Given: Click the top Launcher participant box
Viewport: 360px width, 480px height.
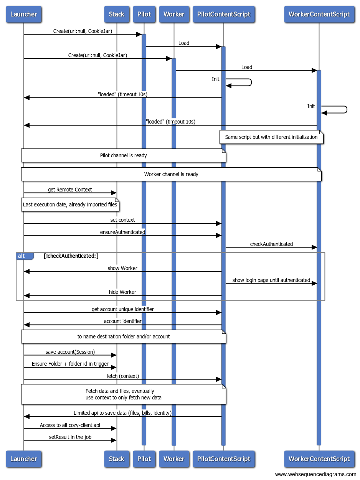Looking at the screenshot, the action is coord(24,14).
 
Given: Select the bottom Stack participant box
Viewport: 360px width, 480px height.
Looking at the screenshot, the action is coord(117,459).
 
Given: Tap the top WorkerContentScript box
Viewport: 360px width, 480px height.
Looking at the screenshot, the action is coord(319,14).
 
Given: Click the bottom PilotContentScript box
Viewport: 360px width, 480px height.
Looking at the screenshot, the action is coord(224,459).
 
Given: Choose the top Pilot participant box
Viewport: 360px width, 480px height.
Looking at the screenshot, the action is coord(144,14).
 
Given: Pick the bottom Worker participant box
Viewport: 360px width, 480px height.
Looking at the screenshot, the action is coord(174,459).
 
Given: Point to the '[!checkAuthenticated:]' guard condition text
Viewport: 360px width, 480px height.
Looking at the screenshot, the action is coord(71,256).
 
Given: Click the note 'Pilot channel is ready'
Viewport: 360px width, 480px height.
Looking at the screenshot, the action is coord(123,155).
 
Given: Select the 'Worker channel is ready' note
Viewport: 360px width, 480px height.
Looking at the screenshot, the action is coord(171,174).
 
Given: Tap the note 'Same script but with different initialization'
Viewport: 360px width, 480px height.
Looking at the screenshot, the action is coord(271,137).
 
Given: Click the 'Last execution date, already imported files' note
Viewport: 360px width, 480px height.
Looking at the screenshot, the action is coord(70,205).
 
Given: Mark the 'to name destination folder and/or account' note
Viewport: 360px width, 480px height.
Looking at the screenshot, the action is coord(123,336).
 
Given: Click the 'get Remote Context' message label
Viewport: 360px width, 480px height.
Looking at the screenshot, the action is coord(70,190).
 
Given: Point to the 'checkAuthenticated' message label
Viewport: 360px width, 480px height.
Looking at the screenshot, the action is coord(271,244).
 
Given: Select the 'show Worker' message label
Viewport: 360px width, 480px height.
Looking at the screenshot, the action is coord(122,268).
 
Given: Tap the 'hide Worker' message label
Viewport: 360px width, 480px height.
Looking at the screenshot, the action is coord(122,292).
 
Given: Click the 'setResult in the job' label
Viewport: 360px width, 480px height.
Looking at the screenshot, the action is coord(70,437).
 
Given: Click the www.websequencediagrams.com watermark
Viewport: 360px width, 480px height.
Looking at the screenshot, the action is coord(315,474).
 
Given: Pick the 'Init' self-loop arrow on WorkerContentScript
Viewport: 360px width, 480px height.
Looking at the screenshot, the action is coord(347,110).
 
